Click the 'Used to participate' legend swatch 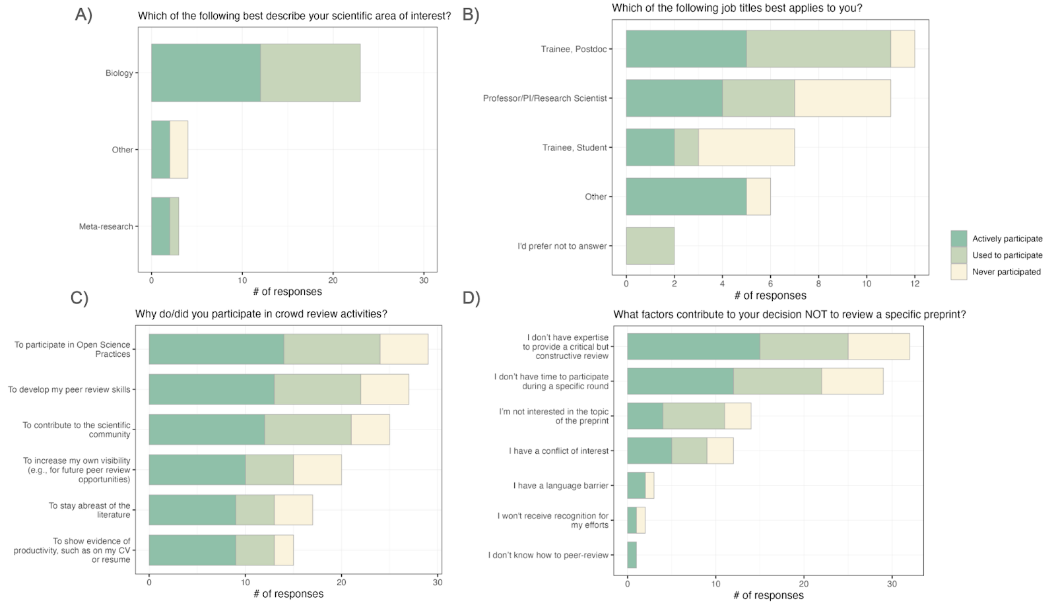point(958,255)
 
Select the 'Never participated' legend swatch point(958,272)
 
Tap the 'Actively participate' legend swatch point(958,239)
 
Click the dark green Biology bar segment point(206,73)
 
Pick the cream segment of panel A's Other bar point(179,150)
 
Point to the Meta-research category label point(106,227)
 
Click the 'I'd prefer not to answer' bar point(650,246)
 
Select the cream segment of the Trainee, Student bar point(746,148)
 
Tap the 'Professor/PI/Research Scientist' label point(544,98)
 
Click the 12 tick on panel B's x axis point(915,284)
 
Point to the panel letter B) point(471,15)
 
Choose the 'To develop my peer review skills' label point(69,390)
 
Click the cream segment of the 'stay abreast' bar point(293,510)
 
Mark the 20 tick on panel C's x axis point(341,583)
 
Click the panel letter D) point(471,298)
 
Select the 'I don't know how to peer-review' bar point(632,555)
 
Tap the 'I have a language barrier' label point(561,486)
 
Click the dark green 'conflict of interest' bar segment point(649,451)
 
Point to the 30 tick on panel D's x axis point(892,584)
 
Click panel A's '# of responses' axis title point(288,292)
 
